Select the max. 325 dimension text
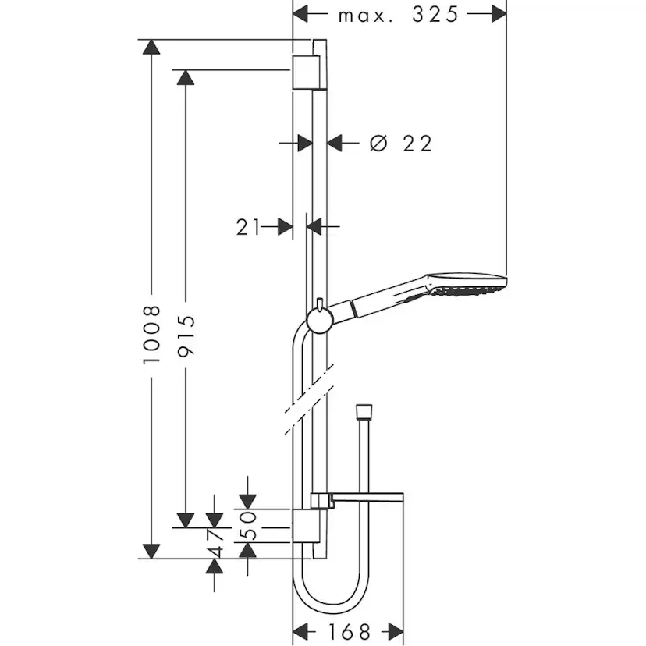[399, 14]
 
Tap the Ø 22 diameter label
[401, 143]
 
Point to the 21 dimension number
[247, 227]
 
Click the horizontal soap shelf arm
[367, 497]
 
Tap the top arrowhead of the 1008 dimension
[151, 46]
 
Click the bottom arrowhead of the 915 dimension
[186, 520]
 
